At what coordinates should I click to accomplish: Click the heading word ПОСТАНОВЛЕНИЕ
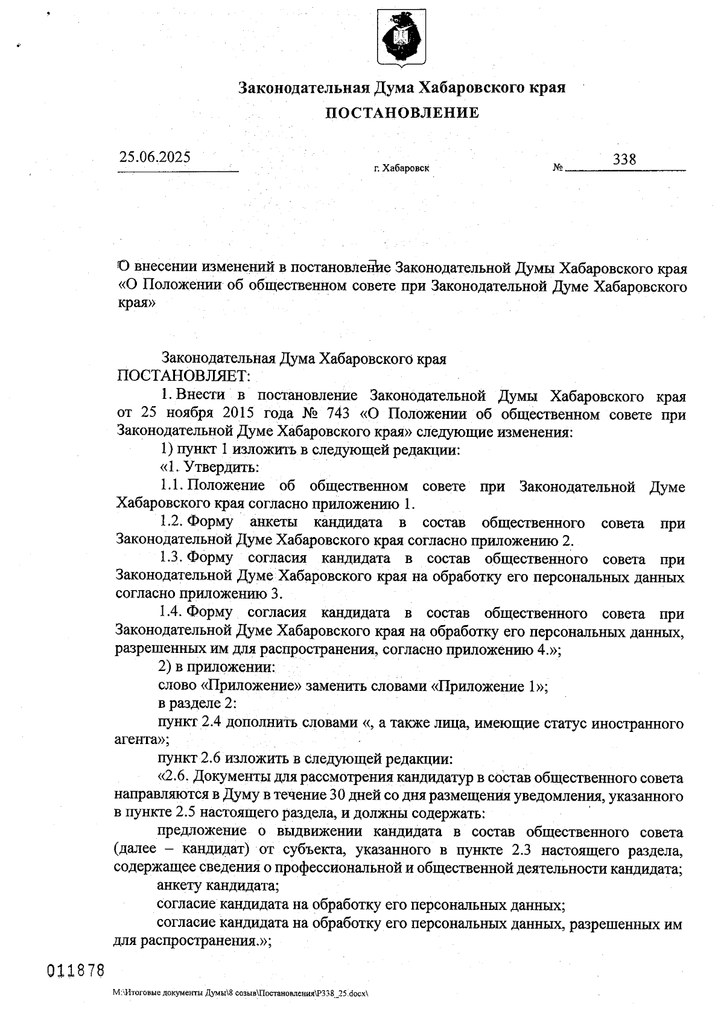pyautogui.click(x=402, y=113)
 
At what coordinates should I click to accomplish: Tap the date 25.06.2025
pyautogui.click(x=154, y=157)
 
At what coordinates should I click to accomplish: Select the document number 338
pyautogui.click(x=624, y=159)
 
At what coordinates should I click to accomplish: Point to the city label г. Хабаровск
pyautogui.click(x=401, y=168)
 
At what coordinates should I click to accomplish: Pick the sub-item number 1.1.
pyautogui.click(x=171, y=486)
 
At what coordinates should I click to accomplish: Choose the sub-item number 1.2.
pyautogui.click(x=171, y=522)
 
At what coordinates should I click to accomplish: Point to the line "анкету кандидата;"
pyautogui.click(x=218, y=886)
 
